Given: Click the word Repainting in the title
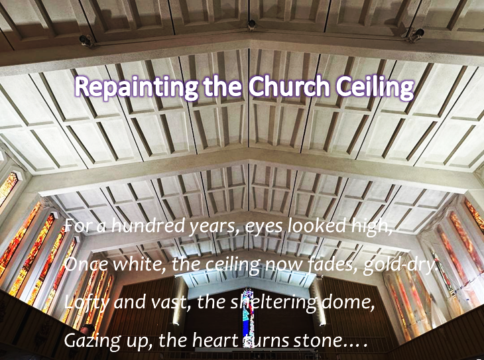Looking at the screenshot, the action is tap(136, 88).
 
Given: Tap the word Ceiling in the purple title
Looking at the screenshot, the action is tap(375, 88).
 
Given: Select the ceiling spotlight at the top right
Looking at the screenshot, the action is tap(416, 34).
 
